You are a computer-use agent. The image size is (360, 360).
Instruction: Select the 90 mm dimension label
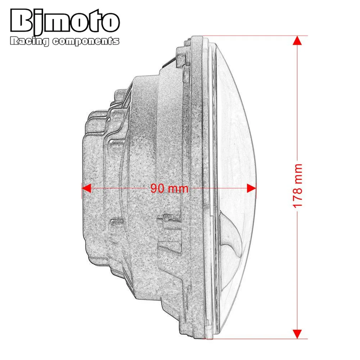[169, 188]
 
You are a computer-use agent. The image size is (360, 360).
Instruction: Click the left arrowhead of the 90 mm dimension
[86, 188]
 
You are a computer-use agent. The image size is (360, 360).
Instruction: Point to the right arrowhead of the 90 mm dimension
[251, 188]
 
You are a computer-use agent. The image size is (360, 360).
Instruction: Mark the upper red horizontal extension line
[252, 36]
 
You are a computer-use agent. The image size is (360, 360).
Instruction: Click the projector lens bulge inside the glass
[232, 238]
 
